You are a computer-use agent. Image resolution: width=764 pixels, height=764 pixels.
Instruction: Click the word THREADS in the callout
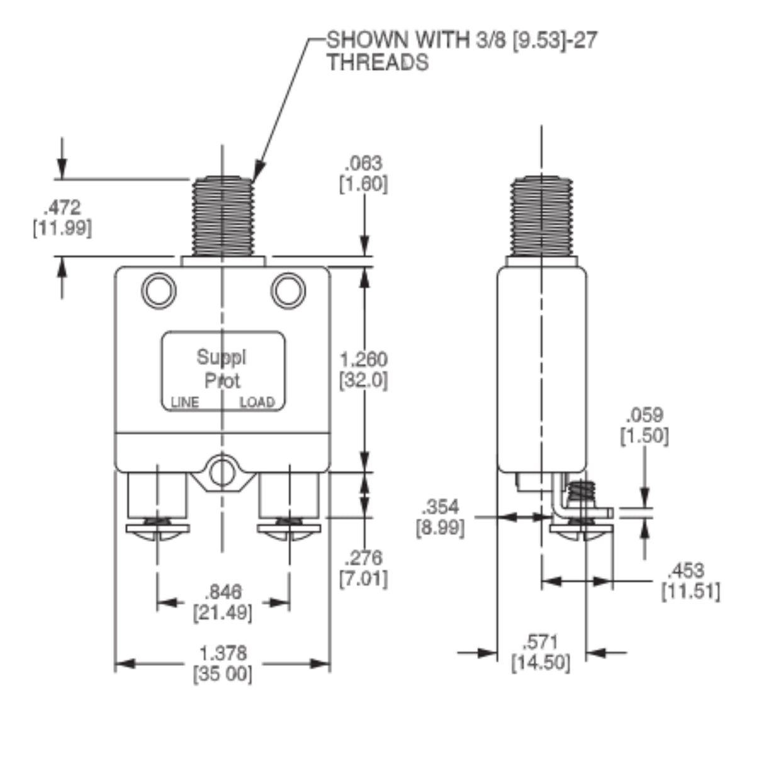coord(377,62)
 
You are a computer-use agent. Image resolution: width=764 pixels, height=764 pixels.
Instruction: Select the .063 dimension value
coord(363,164)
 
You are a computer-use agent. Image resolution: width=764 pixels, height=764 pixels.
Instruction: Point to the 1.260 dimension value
coord(363,360)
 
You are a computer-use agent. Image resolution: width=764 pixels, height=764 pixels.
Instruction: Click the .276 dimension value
coord(363,558)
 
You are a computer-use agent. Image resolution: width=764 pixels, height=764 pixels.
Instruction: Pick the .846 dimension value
coord(223,592)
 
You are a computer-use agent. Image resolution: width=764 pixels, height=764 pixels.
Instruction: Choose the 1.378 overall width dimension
coord(223,653)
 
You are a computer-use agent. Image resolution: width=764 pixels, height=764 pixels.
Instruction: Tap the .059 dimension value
coord(644,415)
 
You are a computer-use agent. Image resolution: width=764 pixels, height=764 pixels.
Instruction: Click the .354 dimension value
coord(441,507)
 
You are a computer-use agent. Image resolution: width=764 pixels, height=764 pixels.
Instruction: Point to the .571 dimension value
coord(541,643)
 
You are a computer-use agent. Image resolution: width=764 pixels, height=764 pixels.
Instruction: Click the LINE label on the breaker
coord(184,403)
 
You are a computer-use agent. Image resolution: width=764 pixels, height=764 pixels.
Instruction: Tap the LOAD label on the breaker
coord(257,403)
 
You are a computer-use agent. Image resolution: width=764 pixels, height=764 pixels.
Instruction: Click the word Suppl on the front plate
coord(222,357)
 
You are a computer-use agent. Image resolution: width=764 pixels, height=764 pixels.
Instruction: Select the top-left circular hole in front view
coord(159,290)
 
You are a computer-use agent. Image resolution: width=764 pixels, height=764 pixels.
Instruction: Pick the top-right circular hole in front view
coord(288,290)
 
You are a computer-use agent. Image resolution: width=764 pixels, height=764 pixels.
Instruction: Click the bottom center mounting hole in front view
coord(222,473)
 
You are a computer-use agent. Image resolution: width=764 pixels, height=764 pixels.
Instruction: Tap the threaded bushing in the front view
coord(223,216)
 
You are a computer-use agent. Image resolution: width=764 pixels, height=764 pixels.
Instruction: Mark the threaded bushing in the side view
coord(542,216)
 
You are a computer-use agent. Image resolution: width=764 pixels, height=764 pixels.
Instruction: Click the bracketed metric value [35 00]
coord(223,674)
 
